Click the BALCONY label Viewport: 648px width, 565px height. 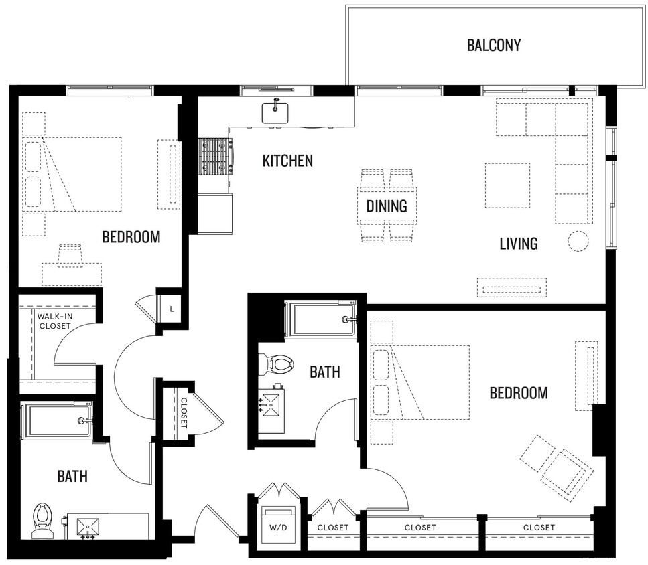click(x=493, y=46)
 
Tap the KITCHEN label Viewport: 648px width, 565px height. click(x=287, y=161)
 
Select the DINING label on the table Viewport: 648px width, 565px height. click(x=387, y=206)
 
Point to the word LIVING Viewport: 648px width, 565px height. click(x=518, y=244)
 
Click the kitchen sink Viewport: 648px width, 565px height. click(x=275, y=111)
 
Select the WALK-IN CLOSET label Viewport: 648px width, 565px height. click(x=54, y=321)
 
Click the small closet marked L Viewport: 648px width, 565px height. click(x=172, y=309)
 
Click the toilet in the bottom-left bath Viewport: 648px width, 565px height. click(x=43, y=518)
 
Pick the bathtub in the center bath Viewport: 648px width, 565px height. click(x=320, y=319)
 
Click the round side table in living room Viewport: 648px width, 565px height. click(x=578, y=241)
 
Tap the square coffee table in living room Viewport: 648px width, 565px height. click(x=507, y=185)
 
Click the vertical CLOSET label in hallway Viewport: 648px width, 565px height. click(x=184, y=412)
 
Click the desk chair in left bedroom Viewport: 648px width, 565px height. click(x=70, y=255)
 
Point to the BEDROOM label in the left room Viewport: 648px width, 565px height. click(x=131, y=236)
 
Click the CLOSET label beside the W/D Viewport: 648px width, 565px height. click(x=333, y=528)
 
